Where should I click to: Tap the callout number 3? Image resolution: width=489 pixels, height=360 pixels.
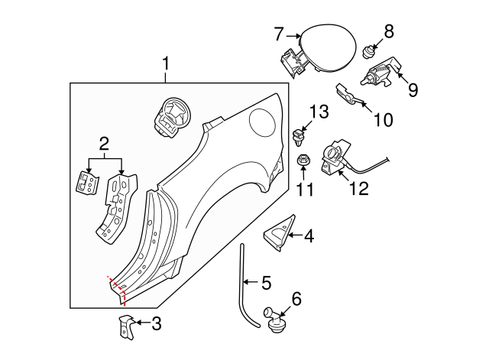click(x=156, y=323)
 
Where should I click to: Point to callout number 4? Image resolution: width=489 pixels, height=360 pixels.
click(x=308, y=236)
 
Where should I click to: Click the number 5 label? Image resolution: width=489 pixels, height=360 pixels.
click(x=266, y=283)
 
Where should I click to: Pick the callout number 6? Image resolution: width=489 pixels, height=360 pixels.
click(x=296, y=298)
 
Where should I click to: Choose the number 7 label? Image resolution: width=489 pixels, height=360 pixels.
click(x=279, y=34)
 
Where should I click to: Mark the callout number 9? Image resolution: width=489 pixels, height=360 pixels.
click(x=413, y=90)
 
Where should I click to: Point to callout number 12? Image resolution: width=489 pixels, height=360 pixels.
click(x=358, y=188)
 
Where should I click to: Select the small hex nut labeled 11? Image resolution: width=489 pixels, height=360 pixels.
click(x=302, y=161)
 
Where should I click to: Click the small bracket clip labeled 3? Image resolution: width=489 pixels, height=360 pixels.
click(x=126, y=326)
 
